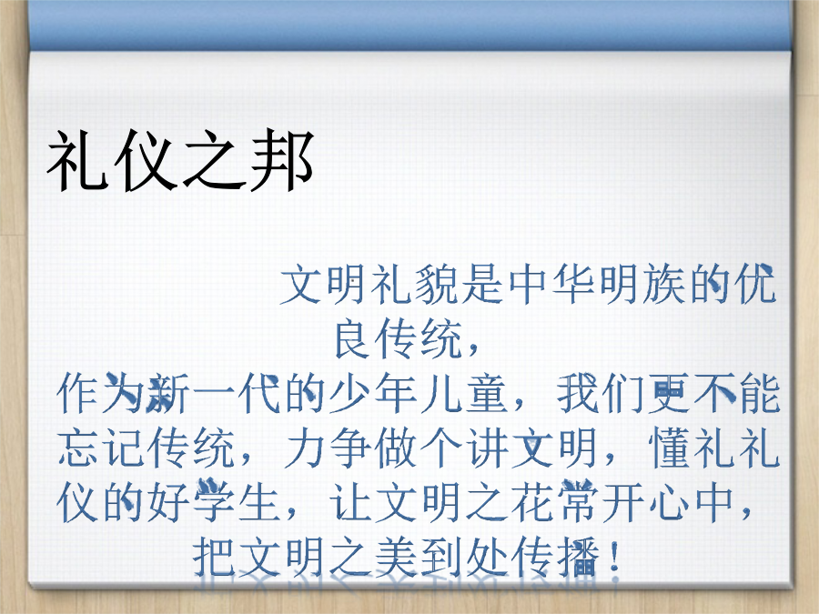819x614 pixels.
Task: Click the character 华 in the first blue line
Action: (x=573, y=285)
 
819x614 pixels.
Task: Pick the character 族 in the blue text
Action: (x=664, y=285)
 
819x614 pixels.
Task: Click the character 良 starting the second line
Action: (x=356, y=339)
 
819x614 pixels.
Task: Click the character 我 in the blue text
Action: (x=577, y=394)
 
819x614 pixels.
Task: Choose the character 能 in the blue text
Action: (x=759, y=394)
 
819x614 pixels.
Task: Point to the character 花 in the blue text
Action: (x=531, y=502)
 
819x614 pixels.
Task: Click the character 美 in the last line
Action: (x=396, y=557)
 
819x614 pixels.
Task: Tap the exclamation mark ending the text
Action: (x=615, y=557)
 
